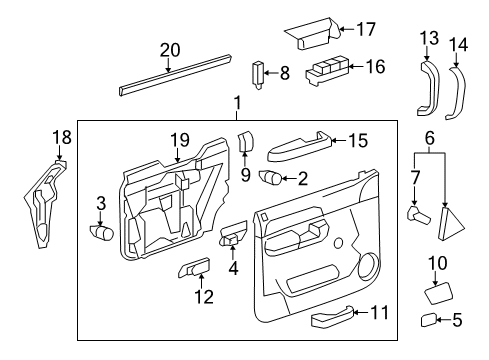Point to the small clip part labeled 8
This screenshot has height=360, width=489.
tap(257, 74)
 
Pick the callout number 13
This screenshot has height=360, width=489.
tap(429, 38)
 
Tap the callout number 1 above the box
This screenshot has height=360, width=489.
tap(237, 102)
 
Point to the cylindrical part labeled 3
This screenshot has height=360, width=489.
tap(102, 232)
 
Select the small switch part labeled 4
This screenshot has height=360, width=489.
tap(231, 238)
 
